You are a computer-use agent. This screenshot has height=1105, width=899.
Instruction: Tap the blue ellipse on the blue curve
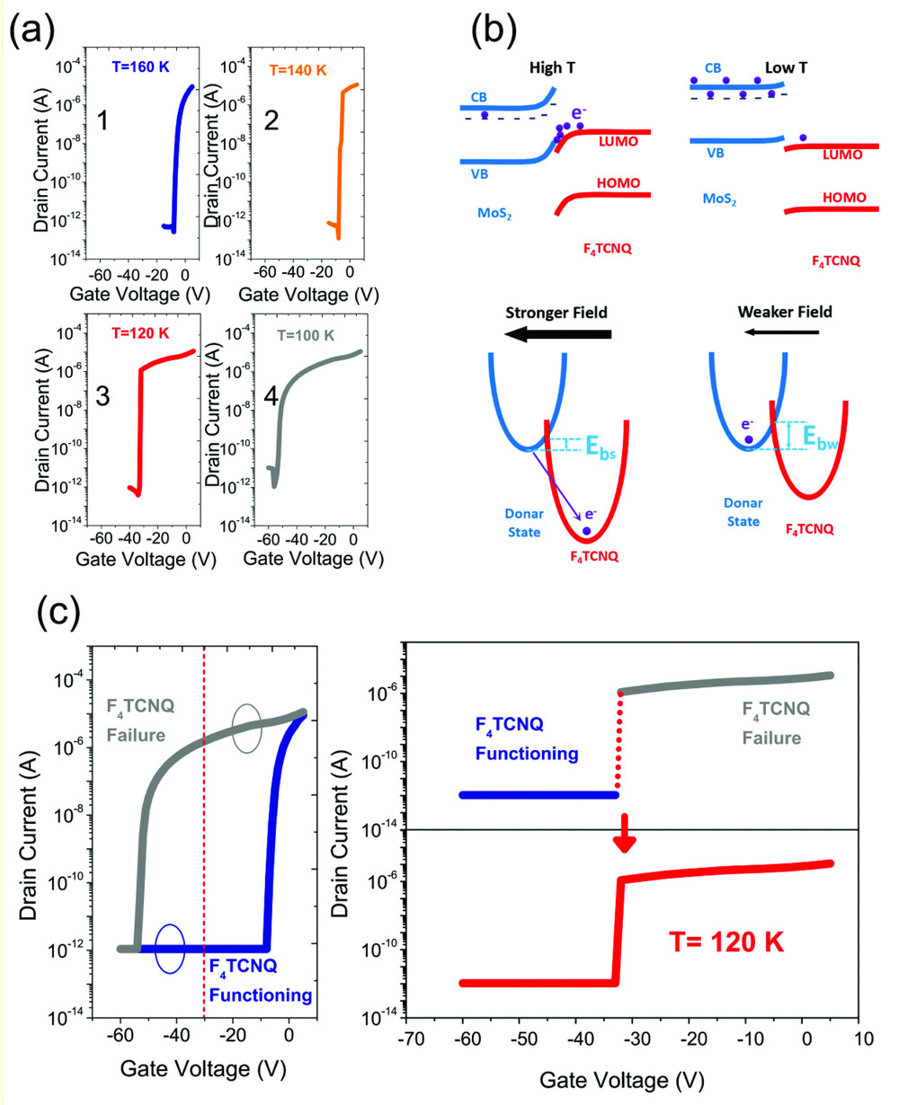pos(170,948)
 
